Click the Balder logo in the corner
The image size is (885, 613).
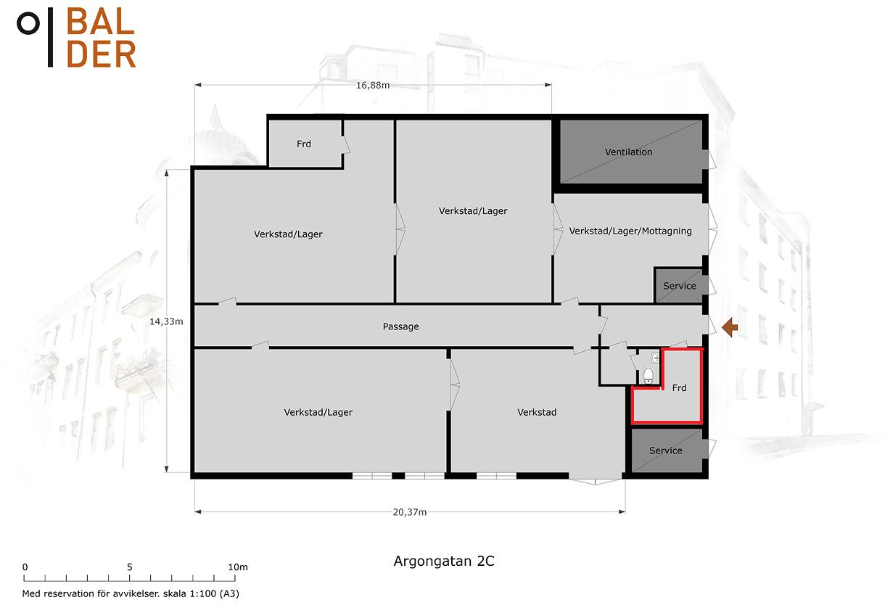click(x=77, y=38)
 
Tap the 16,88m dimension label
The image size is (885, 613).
click(x=373, y=86)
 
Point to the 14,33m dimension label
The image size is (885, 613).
click(x=166, y=321)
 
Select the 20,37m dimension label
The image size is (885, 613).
click(x=410, y=512)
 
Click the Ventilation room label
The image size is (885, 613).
click(x=629, y=152)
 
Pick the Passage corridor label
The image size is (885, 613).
click(x=400, y=327)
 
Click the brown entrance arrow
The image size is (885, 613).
click(x=730, y=327)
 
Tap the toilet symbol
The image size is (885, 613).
click(x=649, y=376)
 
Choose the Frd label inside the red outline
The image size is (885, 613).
click(x=679, y=388)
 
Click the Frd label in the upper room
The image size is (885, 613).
click(x=304, y=144)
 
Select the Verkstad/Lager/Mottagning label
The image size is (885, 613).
click(x=630, y=231)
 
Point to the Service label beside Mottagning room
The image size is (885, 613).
click(x=680, y=286)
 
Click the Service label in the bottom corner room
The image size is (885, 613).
click(x=666, y=451)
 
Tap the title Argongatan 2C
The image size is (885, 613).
click(x=444, y=561)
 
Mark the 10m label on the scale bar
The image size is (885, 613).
click(x=238, y=567)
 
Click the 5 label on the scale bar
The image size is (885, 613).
click(x=130, y=567)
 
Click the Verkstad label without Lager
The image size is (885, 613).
click(x=537, y=413)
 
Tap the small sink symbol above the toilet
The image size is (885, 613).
click(x=654, y=358)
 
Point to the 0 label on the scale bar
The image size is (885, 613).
click(x=25, y=567)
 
